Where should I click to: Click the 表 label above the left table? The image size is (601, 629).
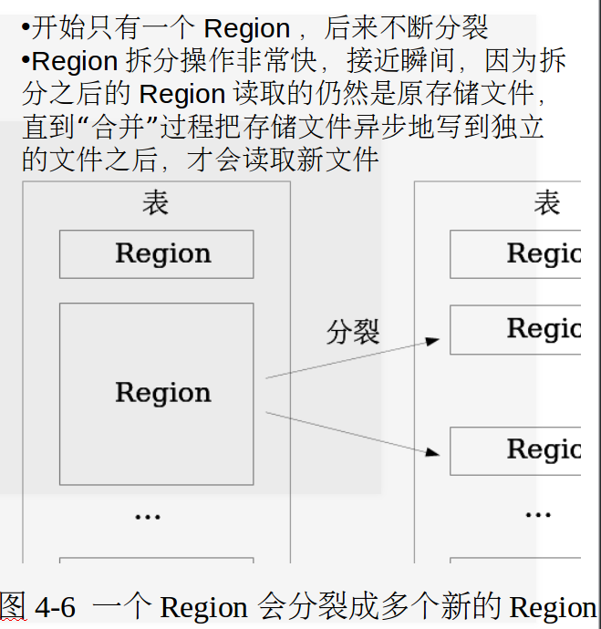[156, 202]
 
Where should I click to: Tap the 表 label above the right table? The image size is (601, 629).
[547, 202]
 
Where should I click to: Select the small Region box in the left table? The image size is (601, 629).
[156, 253]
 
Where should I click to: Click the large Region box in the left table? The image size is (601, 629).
[156, 393]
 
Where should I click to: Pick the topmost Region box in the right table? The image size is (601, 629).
[516, 253]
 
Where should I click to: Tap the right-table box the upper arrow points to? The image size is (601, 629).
[516, 329]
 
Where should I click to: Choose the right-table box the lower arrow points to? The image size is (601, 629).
[516, 449]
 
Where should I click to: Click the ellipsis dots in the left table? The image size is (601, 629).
[147, 517]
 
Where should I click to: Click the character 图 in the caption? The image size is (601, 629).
[13, 605]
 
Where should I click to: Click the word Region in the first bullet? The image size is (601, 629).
[247, 29]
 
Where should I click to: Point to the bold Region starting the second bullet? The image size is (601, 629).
[75, 62]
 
